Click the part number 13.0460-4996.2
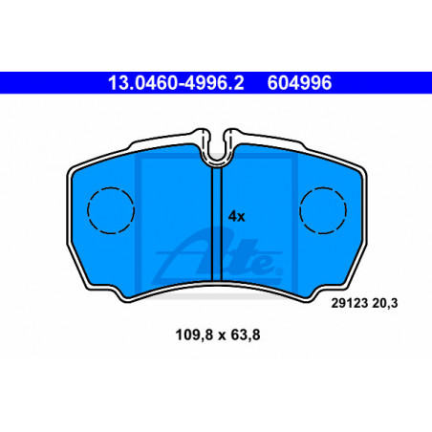point(176,83)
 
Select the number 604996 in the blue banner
point(299,83)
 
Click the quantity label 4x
point(236,216)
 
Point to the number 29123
point(350,303)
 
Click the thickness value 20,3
point(385,303)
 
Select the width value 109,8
point(194,335)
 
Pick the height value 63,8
point(246,335)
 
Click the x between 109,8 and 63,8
point(222,335)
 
